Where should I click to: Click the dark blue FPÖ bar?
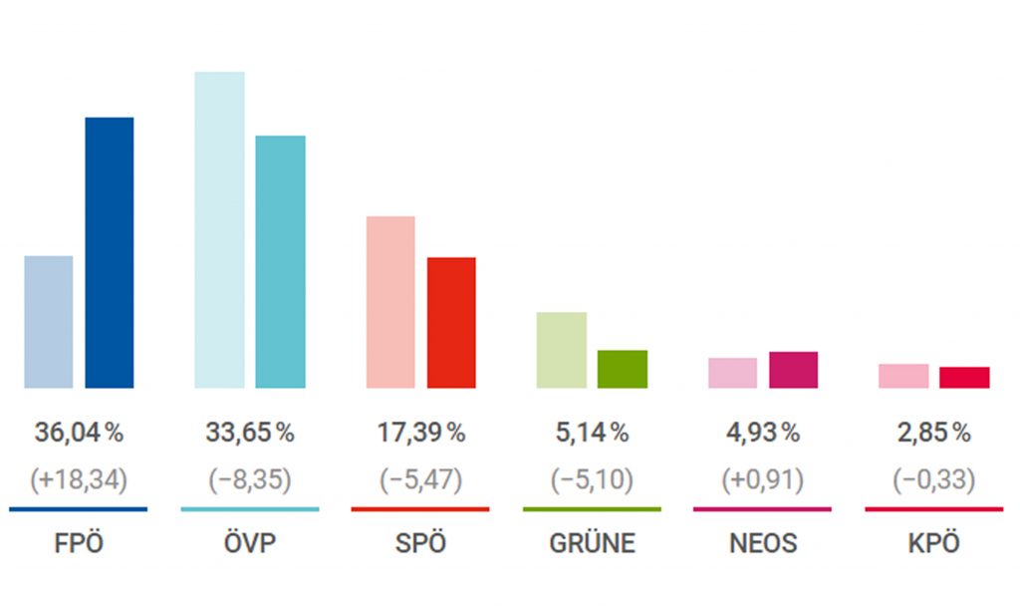point(110,252)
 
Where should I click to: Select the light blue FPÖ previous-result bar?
point(49,322)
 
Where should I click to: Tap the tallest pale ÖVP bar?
point(219,229)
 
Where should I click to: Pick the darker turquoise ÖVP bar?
point(281,261)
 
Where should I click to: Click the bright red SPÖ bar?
point(451,322)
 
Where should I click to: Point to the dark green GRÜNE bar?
point(623,369)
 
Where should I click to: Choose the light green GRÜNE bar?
point(562,350)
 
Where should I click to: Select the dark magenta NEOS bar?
point(794,370)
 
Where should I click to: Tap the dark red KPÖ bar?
point(964,377)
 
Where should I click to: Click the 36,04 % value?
point(79,434)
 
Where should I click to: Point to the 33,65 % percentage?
point(250,434)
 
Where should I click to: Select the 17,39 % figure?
point(421,434)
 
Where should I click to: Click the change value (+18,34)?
point(79,480)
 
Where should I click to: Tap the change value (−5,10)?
point(592,480)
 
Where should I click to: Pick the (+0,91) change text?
point(763,480)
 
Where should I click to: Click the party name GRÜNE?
point(592,544)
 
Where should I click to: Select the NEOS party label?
point(763,544)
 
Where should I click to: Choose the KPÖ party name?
point(934,544)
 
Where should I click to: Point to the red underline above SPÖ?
point(420,509)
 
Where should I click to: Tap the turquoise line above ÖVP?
point(250,509)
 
